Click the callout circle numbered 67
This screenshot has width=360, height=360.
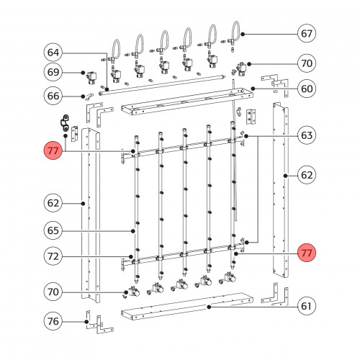tap(307, 33)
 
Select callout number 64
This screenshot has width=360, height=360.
tap(53, 53)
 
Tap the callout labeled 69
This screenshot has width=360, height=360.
tap(53, 72)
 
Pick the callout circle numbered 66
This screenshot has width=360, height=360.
tap(53, 96)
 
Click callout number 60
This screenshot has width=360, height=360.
tap(307, 89)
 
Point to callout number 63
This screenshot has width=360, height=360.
tap(307, 135)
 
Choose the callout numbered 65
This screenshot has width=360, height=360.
tap(53, 230)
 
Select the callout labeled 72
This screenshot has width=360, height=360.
tap(53, 256)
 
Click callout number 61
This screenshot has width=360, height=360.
tap(307, 306)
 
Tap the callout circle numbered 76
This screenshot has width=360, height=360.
tap(53, 321)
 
